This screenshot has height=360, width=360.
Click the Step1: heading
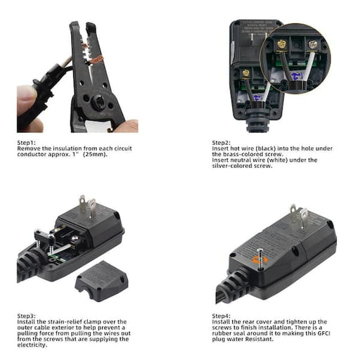(27, 143)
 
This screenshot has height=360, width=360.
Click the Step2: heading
(221, 143)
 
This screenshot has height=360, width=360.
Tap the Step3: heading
(27, 316)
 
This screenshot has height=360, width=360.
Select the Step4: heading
(221, 316)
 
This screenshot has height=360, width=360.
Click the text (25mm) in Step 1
(95, 154)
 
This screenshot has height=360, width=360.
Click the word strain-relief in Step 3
(64, 321)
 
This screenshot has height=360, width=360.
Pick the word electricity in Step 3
(32, 345)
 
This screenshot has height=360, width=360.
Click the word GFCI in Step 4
(323, 333)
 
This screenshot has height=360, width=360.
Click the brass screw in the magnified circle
(281, 44)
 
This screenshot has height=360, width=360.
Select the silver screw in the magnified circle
(312, 44)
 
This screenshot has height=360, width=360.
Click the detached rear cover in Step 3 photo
(102, 281)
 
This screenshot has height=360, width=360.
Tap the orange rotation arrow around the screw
(259, 259)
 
